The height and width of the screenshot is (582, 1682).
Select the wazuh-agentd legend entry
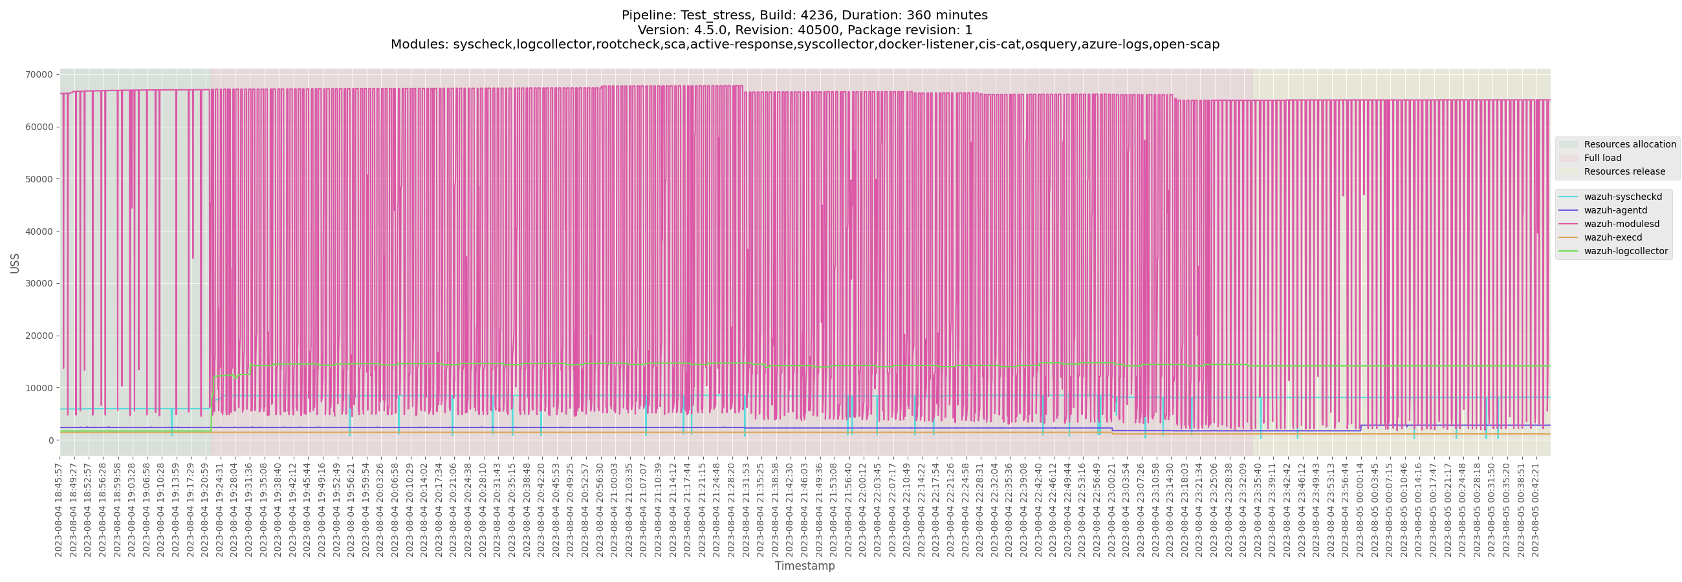(1615, 211)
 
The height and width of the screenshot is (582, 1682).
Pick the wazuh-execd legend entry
(1613, 238)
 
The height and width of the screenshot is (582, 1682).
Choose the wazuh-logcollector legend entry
(1626, 252)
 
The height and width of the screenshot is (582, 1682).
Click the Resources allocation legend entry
(1630, 145)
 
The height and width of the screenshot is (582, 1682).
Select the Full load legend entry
(1602, 158)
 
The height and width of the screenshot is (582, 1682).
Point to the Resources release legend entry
(1624, 172)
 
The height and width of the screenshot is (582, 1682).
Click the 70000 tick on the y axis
(39, 75)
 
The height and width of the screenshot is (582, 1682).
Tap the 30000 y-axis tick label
(39, 284)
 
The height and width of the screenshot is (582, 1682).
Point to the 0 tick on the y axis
(50, 440)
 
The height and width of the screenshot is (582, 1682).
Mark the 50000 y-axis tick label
(39, 179)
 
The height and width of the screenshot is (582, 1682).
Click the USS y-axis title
(15, 263)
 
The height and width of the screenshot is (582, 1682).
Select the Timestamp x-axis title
(804, 566)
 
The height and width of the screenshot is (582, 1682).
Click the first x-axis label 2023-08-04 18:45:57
(59, 510)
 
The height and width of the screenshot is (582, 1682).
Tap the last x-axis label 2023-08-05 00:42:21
(1535, 510)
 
